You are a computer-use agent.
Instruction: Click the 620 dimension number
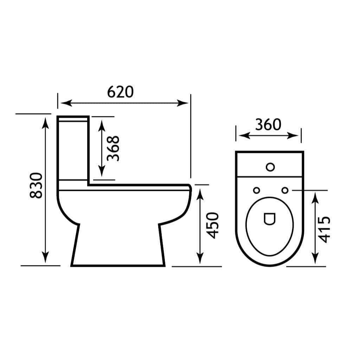click(x=120, y=92)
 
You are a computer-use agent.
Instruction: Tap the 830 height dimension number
click(x=36, y=185)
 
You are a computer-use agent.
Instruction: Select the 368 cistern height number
click(x=113, y=148)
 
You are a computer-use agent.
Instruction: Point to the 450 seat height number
click(x=213, y=225)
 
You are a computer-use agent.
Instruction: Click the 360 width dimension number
click(x=268, y=124)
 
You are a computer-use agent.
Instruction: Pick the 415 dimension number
click(x=325, y=229)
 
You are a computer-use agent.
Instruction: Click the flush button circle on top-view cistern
click(x=270, y=167)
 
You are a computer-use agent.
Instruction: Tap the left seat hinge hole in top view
click(x=256, y=190)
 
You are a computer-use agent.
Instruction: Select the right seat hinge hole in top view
click(x=285, y=190)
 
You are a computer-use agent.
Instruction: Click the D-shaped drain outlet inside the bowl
click(x=269, y=219)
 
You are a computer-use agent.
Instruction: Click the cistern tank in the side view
click(x=72, y=149)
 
